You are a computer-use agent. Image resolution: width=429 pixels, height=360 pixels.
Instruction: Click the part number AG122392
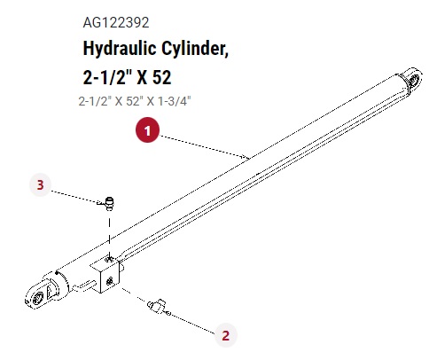116,23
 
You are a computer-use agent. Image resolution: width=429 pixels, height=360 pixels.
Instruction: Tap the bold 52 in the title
162,77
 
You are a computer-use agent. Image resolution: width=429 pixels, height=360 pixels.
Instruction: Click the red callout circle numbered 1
147,130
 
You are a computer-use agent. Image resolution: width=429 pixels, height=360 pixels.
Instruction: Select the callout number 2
225,335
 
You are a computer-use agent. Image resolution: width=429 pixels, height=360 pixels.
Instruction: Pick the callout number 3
41,185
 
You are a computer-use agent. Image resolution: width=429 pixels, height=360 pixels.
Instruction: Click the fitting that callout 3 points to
110,204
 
